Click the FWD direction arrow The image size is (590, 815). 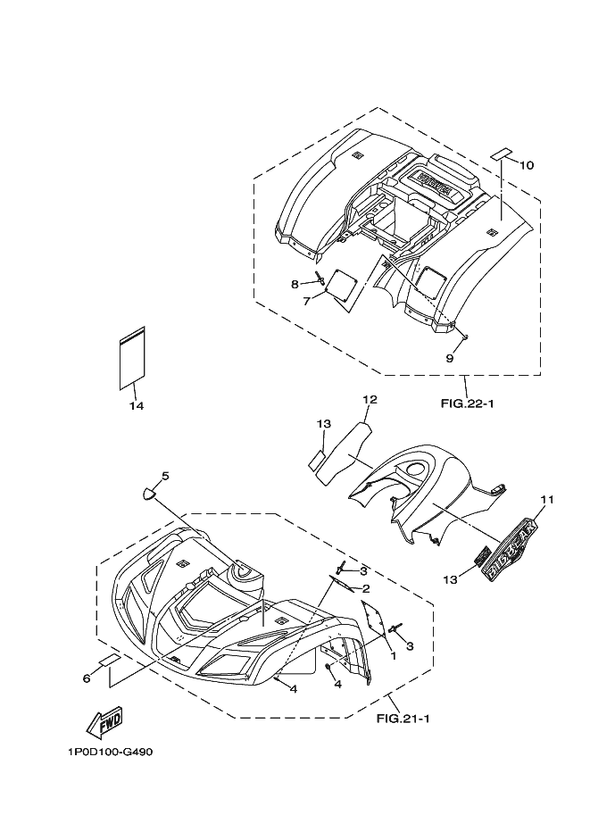point(104,721)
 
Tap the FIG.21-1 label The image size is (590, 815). point(403,717)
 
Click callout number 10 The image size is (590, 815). point(527,165)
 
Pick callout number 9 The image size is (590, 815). point(450,358)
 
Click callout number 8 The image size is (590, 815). point(294,284)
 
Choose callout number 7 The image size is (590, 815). point(305,302)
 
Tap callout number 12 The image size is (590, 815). point(369,399)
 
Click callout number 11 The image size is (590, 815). point(547,500)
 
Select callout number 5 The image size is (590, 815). point(165,476)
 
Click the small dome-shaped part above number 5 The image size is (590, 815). point(149,490)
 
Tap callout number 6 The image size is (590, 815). point(87,679)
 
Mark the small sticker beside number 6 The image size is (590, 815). point(108,661)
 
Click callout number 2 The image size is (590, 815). point(365,589)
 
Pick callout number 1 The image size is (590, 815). point(391,655)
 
